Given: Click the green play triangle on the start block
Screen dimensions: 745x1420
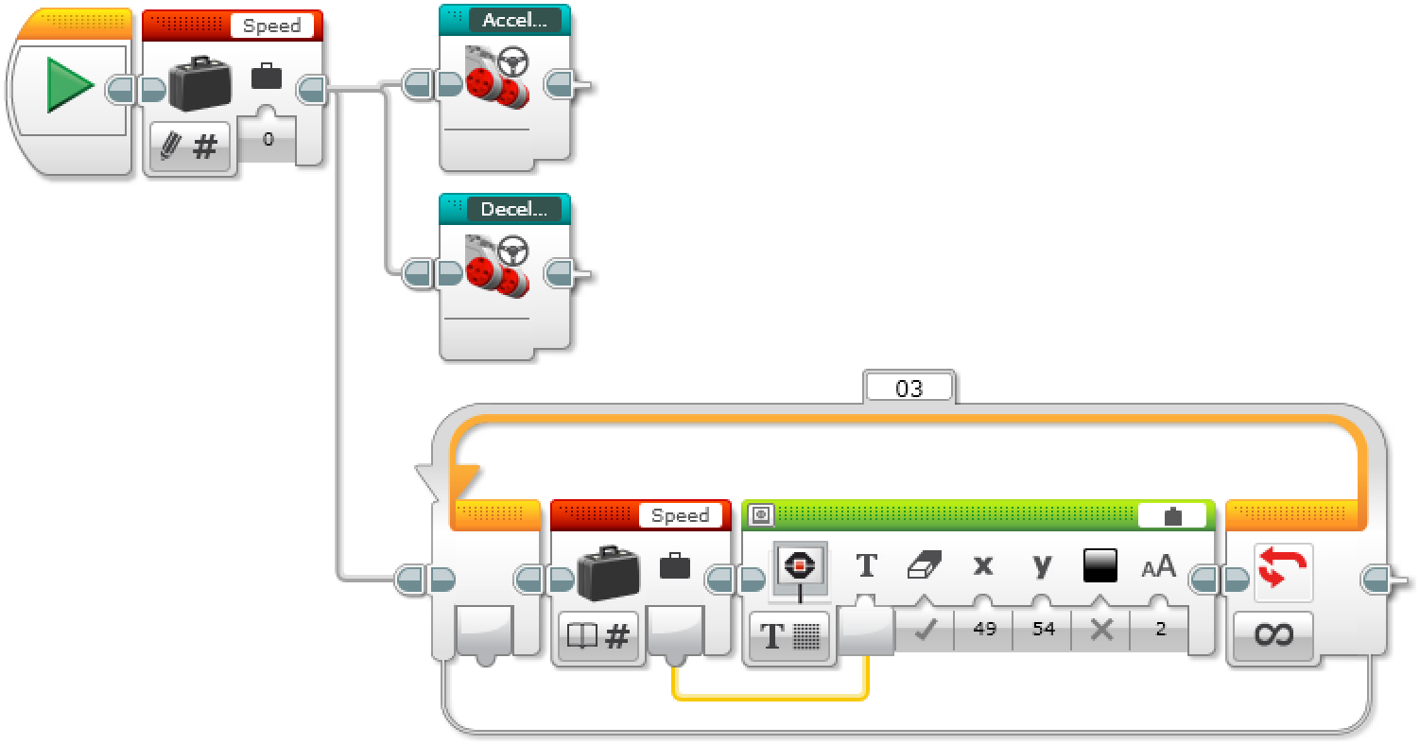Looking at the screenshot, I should click(x=69, y=86).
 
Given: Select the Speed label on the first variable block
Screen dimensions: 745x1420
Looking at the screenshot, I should click(x=271, y=26).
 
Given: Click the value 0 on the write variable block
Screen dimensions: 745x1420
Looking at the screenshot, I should click(x=268, y=140).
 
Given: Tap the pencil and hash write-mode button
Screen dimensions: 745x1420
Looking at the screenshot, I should click(x=190, y=147).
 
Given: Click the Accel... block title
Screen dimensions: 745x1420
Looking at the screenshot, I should click(x=514, y=21).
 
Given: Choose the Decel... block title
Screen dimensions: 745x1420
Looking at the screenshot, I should click(x=514, y=210).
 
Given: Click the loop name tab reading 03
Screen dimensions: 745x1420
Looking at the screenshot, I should click(x=909, y=388).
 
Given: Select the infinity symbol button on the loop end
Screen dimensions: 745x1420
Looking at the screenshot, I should click(x=1273, y=634).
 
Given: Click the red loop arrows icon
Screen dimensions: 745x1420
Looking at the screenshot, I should click(x=1283, y=571).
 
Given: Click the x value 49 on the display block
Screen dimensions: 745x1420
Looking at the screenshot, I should click(x=984, y=629).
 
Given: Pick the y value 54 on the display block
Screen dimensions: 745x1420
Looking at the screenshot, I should click(x=1043, y=629).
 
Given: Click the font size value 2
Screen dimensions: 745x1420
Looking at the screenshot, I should click(x=1161, y=629).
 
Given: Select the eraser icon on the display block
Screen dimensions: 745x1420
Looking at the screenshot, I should click(x=923, y=566).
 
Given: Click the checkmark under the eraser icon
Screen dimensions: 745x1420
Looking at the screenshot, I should click(x=925, y=631).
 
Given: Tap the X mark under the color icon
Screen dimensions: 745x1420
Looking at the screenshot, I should click(x=1101, y=631).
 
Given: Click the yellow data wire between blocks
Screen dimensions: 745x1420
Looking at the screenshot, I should click(x=771, y=698).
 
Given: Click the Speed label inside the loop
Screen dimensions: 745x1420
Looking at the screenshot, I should click(x=680, y=515).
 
